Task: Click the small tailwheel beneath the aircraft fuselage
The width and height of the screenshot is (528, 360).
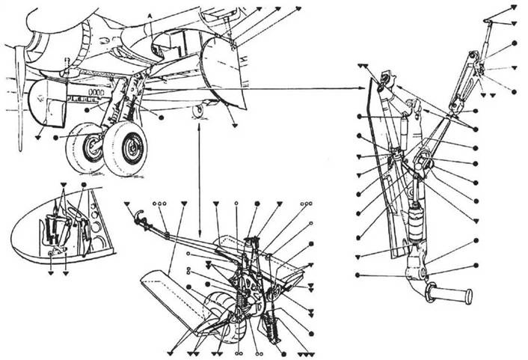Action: coord(197,111)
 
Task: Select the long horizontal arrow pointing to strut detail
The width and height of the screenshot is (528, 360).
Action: coord(299,88)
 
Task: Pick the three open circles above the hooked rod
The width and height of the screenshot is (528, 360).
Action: coord(159,204)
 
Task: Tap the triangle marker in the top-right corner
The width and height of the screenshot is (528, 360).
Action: coord(514,7)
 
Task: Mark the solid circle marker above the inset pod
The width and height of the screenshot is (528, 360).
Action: coord(83,184)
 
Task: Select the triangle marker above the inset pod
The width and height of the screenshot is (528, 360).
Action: coord(64,184)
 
